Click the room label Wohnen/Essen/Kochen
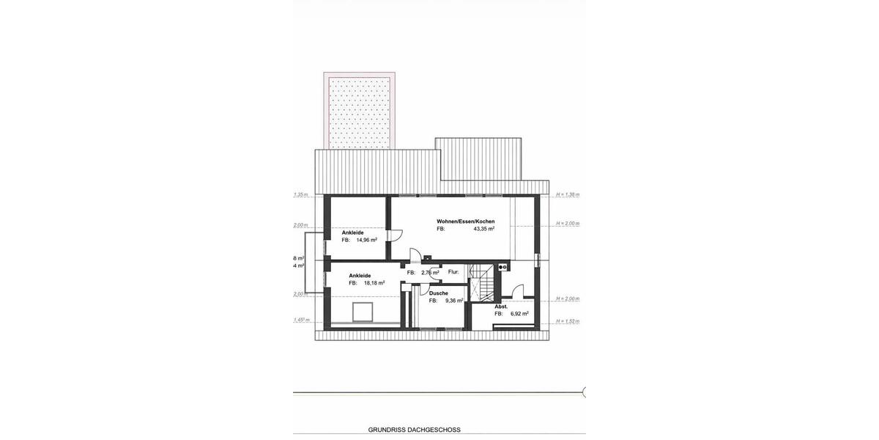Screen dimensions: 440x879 pos(466,221)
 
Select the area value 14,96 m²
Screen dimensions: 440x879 pos(366,240)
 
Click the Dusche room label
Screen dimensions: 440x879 pos(439,293)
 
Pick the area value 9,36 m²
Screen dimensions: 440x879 pos(454,301)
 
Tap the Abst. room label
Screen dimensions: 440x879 pos(501,306)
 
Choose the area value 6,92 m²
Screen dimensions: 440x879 pos(519,314)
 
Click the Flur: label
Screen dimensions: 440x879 pos(453,272)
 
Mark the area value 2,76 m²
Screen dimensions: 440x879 pos(430,273)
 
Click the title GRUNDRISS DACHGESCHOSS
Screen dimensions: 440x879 pos(414,430)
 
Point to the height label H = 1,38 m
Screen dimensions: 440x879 pos(567,194)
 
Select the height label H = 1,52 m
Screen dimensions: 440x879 pos(567,321)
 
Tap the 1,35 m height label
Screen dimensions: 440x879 pos(301,195)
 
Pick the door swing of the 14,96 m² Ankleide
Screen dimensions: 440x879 pos(394,236)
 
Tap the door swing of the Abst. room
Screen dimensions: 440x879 pos(518,291)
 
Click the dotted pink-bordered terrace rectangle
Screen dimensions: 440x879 pos(359,110)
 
